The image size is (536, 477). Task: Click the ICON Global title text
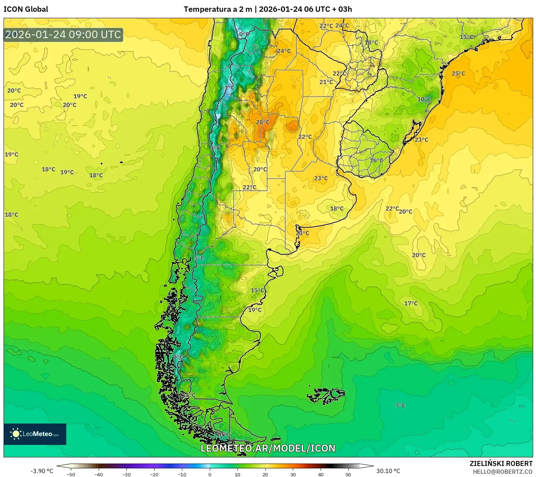click(26, 9)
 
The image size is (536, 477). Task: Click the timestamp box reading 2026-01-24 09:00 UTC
click(63, 35)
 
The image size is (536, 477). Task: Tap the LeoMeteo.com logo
click(35, 434)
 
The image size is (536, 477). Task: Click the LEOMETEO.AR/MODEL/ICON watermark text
click(268, 448)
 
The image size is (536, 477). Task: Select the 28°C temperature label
click(263, 122)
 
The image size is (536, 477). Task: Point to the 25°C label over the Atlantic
click(458, 74)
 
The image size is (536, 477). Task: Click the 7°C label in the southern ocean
click(400, 406)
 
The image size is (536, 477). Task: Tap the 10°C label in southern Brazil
click(424, 99)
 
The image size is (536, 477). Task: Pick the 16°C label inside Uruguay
click(376, 160)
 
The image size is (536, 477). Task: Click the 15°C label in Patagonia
click(257, 291)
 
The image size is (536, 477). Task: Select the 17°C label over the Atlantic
click(411, 303)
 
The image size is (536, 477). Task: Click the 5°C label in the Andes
click(199, 258)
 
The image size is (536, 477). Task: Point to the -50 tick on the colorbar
click(71, 474)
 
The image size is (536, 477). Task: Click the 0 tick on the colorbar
click(210, 474)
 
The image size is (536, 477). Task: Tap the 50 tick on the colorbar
click(348, 474)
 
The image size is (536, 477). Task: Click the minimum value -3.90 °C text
click(42, 471)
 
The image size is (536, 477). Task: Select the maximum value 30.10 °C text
click(388, 471)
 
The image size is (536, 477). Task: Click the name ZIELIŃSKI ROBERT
click(501, 464)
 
